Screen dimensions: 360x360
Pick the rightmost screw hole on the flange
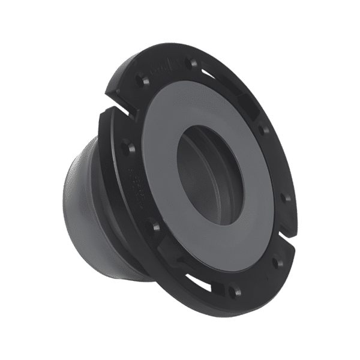[286, 197]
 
